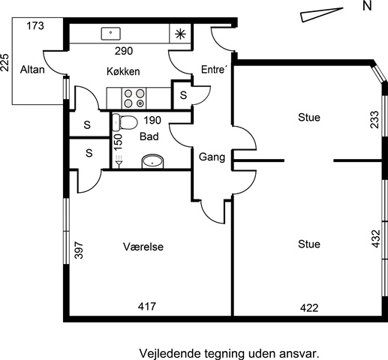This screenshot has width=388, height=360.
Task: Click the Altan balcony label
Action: point(32,70)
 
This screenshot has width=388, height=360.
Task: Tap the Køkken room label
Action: point(123,71)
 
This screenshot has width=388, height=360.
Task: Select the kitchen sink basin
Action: point(111,34)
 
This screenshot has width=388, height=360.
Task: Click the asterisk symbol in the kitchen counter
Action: point(180,34)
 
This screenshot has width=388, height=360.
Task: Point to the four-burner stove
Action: point(134,98)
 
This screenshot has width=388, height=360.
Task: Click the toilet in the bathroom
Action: point(125,122)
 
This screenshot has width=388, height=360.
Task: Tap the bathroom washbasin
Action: point(152,161)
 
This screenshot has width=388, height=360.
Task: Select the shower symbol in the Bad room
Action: point(119,161)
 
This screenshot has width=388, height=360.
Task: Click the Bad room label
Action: point(149,136)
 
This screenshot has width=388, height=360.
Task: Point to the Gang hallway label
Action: point(212,157)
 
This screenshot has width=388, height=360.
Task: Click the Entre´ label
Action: point(214,70)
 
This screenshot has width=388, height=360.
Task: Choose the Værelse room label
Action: point(143,247)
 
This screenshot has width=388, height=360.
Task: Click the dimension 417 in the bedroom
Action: point(147,306)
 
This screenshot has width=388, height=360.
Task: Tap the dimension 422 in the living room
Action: point(309,307)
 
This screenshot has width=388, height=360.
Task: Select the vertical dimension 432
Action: point(376,238)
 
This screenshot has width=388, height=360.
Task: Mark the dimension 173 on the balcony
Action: point(35,25)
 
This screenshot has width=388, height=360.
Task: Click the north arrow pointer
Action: point(322,15)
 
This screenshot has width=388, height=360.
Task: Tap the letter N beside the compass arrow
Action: point(367,6)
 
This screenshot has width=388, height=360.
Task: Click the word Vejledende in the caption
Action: point(170,354)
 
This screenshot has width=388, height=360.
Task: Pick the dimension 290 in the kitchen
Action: point(124,51)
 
